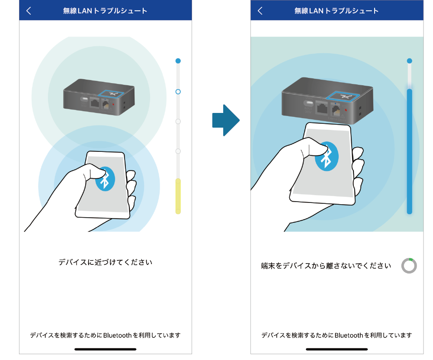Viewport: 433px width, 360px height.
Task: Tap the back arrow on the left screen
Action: click(x=29, y=11)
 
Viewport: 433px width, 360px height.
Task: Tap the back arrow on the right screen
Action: click(x=260, y=11)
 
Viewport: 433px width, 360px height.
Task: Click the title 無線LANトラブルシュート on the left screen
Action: click(x=105, y=11)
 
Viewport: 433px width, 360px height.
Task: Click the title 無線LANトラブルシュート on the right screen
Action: click(x=337, y=11)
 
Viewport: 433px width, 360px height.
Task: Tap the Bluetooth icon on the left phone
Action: click(x=105, y=179)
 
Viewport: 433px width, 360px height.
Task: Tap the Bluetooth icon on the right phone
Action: click(x=327, y=156)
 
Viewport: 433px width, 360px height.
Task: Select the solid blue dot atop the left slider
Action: click(x=178, y=61)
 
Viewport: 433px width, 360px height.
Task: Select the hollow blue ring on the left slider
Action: click(x=178, y=91)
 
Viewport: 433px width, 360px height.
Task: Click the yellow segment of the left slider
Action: click(x=178, y=196)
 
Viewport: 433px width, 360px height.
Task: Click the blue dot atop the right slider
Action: click(x=410, y=61)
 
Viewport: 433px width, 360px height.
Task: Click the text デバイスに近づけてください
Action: click(x=105, y=262)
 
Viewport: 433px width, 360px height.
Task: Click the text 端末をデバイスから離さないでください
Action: click(x=326, y=266)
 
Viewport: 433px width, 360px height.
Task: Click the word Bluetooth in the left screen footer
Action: click(x=117, y=335)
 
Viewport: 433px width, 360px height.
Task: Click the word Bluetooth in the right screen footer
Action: click(x=349, y=335)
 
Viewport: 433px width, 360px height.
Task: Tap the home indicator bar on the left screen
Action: click(x=105, y=349)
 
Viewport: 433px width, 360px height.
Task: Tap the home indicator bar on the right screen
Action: click(x=337, y=349)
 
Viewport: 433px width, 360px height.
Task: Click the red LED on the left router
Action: click(x=113, y=104)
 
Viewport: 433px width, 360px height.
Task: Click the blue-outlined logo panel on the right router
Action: click(x=343, y=96)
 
